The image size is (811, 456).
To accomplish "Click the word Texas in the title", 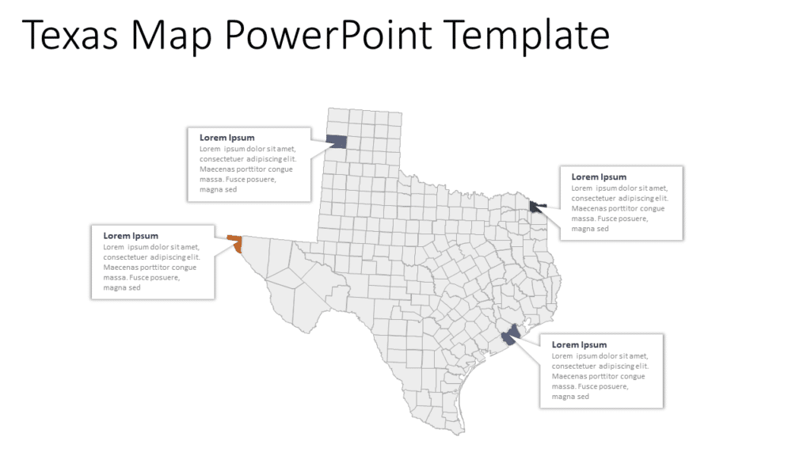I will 70,36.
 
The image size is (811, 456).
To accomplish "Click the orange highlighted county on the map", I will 235,243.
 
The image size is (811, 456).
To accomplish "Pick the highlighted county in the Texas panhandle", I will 336,141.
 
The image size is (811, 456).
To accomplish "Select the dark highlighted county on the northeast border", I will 537,207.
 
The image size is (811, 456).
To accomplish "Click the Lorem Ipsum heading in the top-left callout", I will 227,138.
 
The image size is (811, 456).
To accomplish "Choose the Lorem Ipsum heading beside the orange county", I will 131,236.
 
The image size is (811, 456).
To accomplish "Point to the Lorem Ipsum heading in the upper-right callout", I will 599,177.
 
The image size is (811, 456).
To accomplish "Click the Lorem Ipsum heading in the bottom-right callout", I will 579,345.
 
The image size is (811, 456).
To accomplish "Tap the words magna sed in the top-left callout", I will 218,189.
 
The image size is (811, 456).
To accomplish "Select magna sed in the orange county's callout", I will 122,287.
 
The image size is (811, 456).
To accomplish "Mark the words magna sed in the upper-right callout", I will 590,229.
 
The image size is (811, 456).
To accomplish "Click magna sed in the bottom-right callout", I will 570,397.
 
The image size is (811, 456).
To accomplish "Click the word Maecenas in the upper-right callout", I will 591,208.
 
